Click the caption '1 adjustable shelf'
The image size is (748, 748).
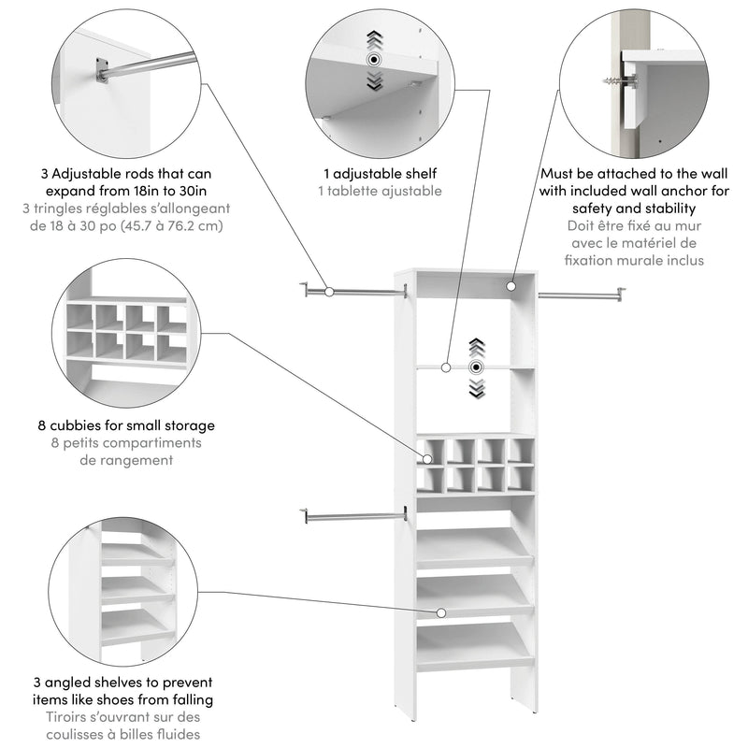379,173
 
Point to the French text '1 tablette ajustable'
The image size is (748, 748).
379,191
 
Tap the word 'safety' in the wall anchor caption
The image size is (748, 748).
595,208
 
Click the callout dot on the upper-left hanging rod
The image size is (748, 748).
328,292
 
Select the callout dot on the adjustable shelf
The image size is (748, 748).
448,367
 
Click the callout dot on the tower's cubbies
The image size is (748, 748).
428,459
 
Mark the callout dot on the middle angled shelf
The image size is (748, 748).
439,612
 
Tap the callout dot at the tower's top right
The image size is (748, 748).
512,282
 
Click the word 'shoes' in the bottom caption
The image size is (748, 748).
133,699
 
